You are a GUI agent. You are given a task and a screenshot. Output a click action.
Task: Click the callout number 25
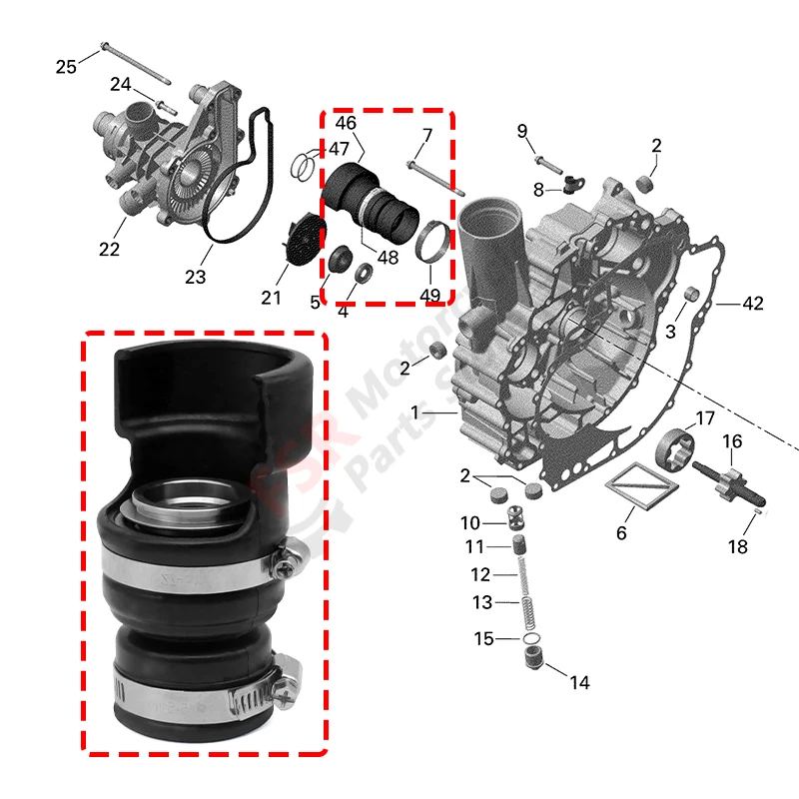click(66, 67)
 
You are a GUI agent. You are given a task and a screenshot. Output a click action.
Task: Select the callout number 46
click(346, 124)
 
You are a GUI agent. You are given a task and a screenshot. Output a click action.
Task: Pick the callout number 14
click(579, 683)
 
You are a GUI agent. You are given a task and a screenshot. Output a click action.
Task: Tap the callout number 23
click(195, 276)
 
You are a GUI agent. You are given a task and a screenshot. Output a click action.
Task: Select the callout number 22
click(109, 249)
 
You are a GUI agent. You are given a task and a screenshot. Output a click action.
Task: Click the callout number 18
click(737, 546)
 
